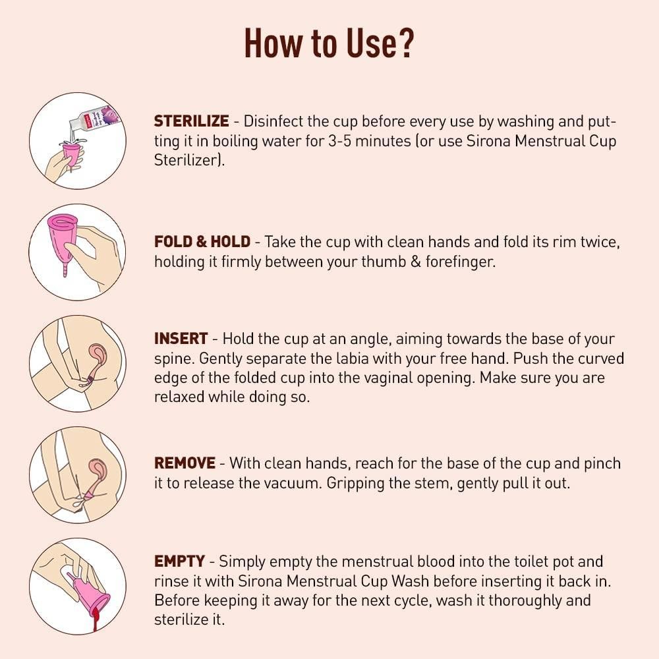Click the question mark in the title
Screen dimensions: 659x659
point(405,43)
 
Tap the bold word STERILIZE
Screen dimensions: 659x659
point(191,121)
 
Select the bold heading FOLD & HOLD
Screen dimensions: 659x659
point(202,242)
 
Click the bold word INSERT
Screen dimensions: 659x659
point(181,338)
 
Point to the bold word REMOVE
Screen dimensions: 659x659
point(185,463)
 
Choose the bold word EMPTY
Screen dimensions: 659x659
point(179,561)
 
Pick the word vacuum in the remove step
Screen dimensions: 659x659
point(293,483)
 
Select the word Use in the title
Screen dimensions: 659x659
point(370,43)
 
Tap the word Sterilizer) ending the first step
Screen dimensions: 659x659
point(190,160)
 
